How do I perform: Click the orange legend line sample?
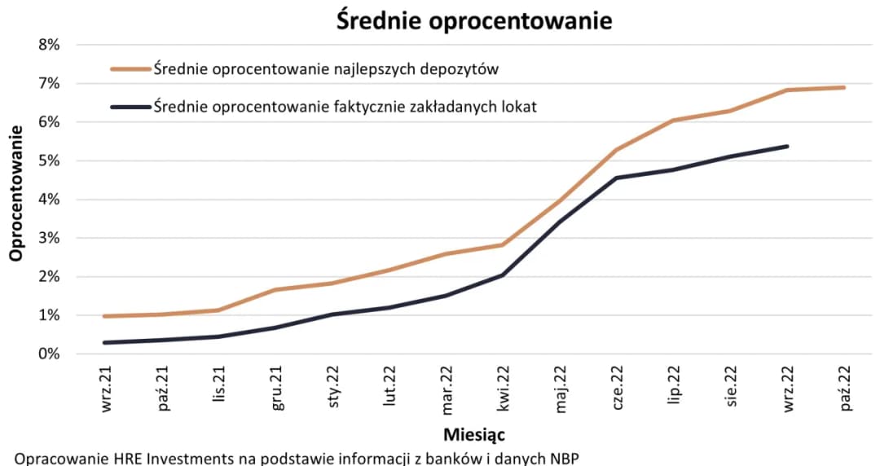click(x=130, y=69)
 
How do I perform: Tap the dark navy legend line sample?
click(x=130, y=107)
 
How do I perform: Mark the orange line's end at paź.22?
click(x=843, y=88)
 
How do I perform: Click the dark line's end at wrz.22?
click(x=787, y=147)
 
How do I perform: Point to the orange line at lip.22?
click(x=673, y=121)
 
